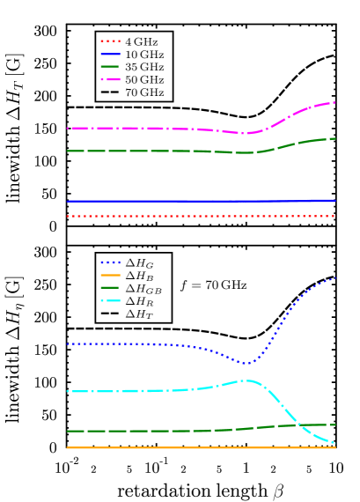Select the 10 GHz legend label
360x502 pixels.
144,55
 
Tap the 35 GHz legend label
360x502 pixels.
144,67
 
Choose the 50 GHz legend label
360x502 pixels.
144,80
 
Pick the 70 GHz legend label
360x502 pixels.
144,92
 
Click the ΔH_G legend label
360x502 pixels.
140,263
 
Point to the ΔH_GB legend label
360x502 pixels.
143,289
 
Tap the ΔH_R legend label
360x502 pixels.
140,301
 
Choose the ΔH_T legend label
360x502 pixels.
140,314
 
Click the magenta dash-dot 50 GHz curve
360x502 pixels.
158,129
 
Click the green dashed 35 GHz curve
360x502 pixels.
158,151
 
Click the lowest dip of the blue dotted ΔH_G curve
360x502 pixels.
247,363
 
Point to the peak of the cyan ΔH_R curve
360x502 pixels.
248,380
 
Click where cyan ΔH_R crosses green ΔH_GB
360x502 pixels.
300,425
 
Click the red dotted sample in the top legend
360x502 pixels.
110,41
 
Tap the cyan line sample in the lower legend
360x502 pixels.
110,301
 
